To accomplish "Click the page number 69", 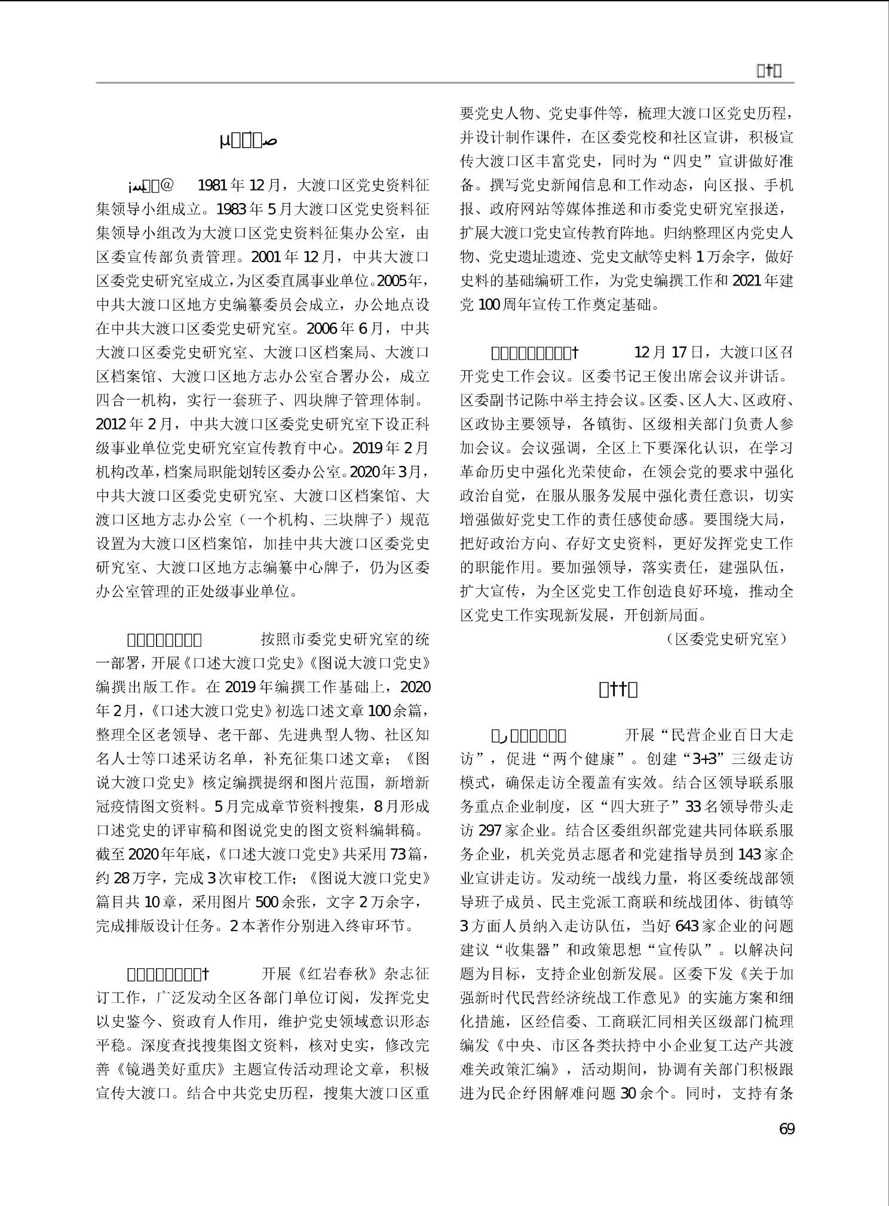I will pos(786,1130).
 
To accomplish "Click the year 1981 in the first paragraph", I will pos(211,185).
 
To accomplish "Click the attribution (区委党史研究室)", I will pos(725,639).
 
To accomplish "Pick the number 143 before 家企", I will pos(752,854).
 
